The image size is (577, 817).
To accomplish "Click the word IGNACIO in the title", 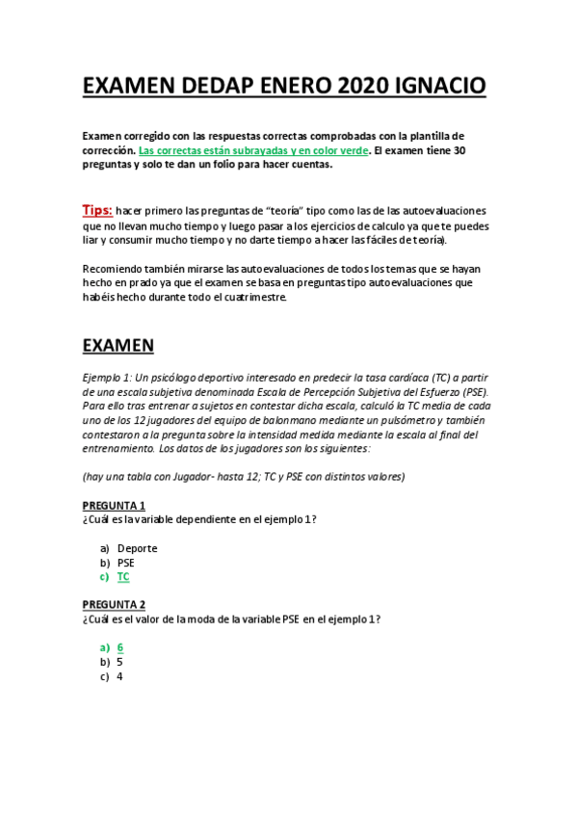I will click(x=439, y=88).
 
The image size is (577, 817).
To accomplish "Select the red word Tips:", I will click(x=97, y=210).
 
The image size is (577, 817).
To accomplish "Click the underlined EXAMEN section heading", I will click(x=118, y=344).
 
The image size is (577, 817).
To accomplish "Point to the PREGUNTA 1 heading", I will click(x=114, y=506).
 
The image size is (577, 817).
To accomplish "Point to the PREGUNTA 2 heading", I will click(x=114, y=605).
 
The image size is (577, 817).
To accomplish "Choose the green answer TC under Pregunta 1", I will click(x=123, y=577).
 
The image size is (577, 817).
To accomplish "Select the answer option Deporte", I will click(x=137, y=548).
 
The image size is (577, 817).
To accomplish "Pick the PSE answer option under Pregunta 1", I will click(x=126, y=563).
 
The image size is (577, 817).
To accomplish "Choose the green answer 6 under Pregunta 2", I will click(x=119, y=647).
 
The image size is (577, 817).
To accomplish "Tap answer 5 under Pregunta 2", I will click(x=119, y=662).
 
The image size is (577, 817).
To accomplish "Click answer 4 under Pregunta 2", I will click(x=119, y=676).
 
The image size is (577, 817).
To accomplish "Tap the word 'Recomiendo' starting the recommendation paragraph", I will click(x=116, y=268).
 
